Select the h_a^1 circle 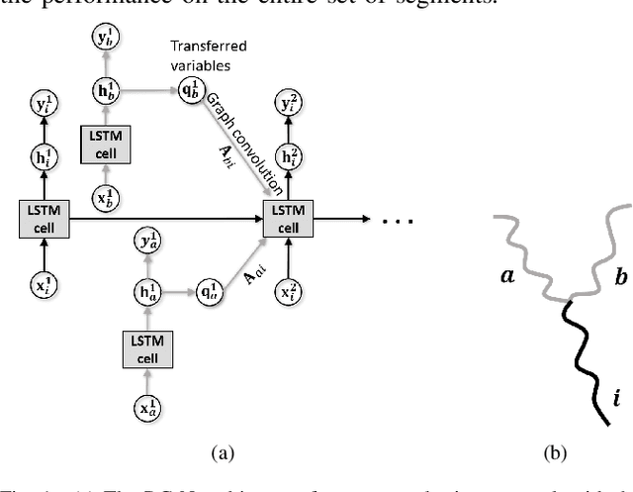pyautogui.click(x=145, y=293)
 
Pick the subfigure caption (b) pyautogui.click(x=555, y=452)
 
